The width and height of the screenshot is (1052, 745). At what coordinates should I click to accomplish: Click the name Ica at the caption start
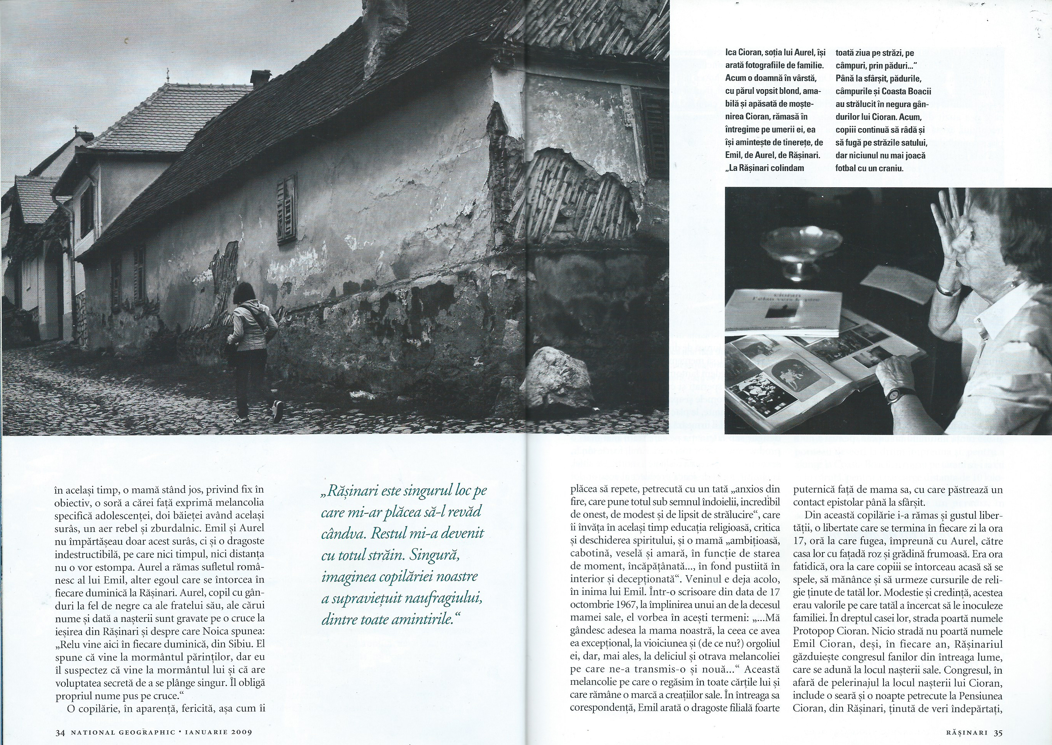732,53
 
